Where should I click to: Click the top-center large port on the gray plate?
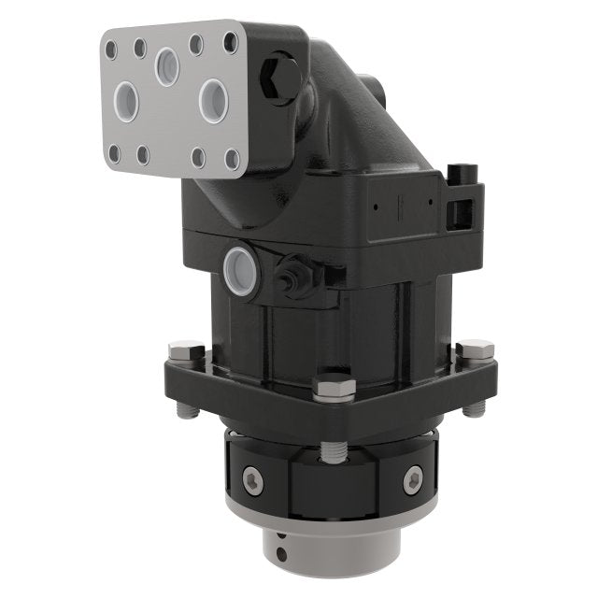[168, 66]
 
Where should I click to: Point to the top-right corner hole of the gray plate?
[230, 43]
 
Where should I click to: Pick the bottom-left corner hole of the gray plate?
[114, 151]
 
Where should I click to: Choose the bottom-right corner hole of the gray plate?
[232, 160]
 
